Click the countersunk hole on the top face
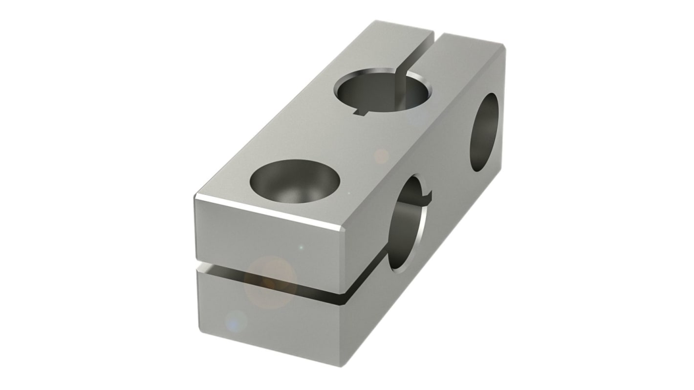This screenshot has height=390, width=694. pyautogui.click(x=295, y=181)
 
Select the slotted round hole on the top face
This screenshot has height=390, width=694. pyautogui.click(x=382, y=90)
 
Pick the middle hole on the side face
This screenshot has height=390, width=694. pyautogui.click(x=407, y=223)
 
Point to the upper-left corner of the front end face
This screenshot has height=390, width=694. pyautogui.click(x=196, y=197)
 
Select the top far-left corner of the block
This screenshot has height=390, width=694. pyautogui.click(x=376, y=22)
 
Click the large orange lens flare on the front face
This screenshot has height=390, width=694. pyautogui.click(x=270, y=282)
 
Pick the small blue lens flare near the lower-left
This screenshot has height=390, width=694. pyautogui.click(x=237, y=322)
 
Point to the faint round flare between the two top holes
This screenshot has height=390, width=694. pyautogui.click(x=381, y=156)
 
